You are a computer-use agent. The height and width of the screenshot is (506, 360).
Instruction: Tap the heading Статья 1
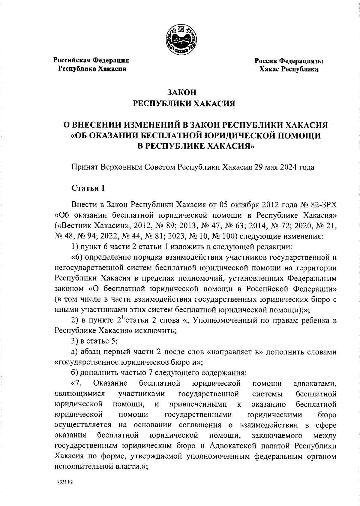pos(88,188)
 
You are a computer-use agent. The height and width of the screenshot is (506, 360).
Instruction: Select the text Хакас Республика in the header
pos(289,69)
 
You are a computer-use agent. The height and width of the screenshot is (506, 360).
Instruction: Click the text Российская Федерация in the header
pos(91,60)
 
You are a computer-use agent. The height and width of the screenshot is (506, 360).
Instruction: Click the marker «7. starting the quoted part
pos(77,383)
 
